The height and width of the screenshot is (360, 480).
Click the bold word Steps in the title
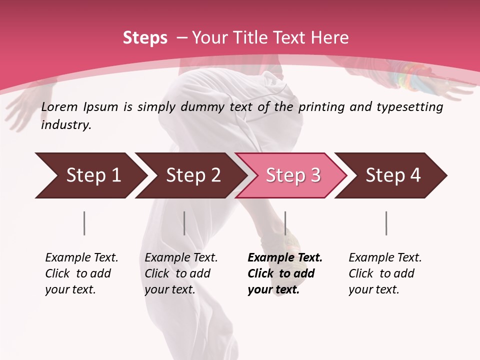click(145, 37)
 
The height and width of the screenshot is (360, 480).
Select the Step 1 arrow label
click(93, 175)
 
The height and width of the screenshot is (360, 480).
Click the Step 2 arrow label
click(193, 175)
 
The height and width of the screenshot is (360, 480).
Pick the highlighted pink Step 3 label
click(293, 175)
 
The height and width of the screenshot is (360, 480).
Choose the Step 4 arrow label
click(393, 175)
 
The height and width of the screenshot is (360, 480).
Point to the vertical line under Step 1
click(84, 223)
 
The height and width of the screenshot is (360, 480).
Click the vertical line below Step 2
click(184, 223)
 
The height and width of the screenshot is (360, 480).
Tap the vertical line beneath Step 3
click(285, 223)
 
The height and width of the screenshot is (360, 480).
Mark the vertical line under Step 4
click(386, 223)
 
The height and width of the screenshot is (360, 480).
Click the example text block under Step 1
click(81, 273)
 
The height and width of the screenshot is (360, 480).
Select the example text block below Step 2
click(181, 273)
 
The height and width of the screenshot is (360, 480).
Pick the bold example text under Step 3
click(284, 273)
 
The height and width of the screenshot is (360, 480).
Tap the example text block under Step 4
click(385, 273)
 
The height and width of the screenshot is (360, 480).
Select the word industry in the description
click(65, 125)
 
